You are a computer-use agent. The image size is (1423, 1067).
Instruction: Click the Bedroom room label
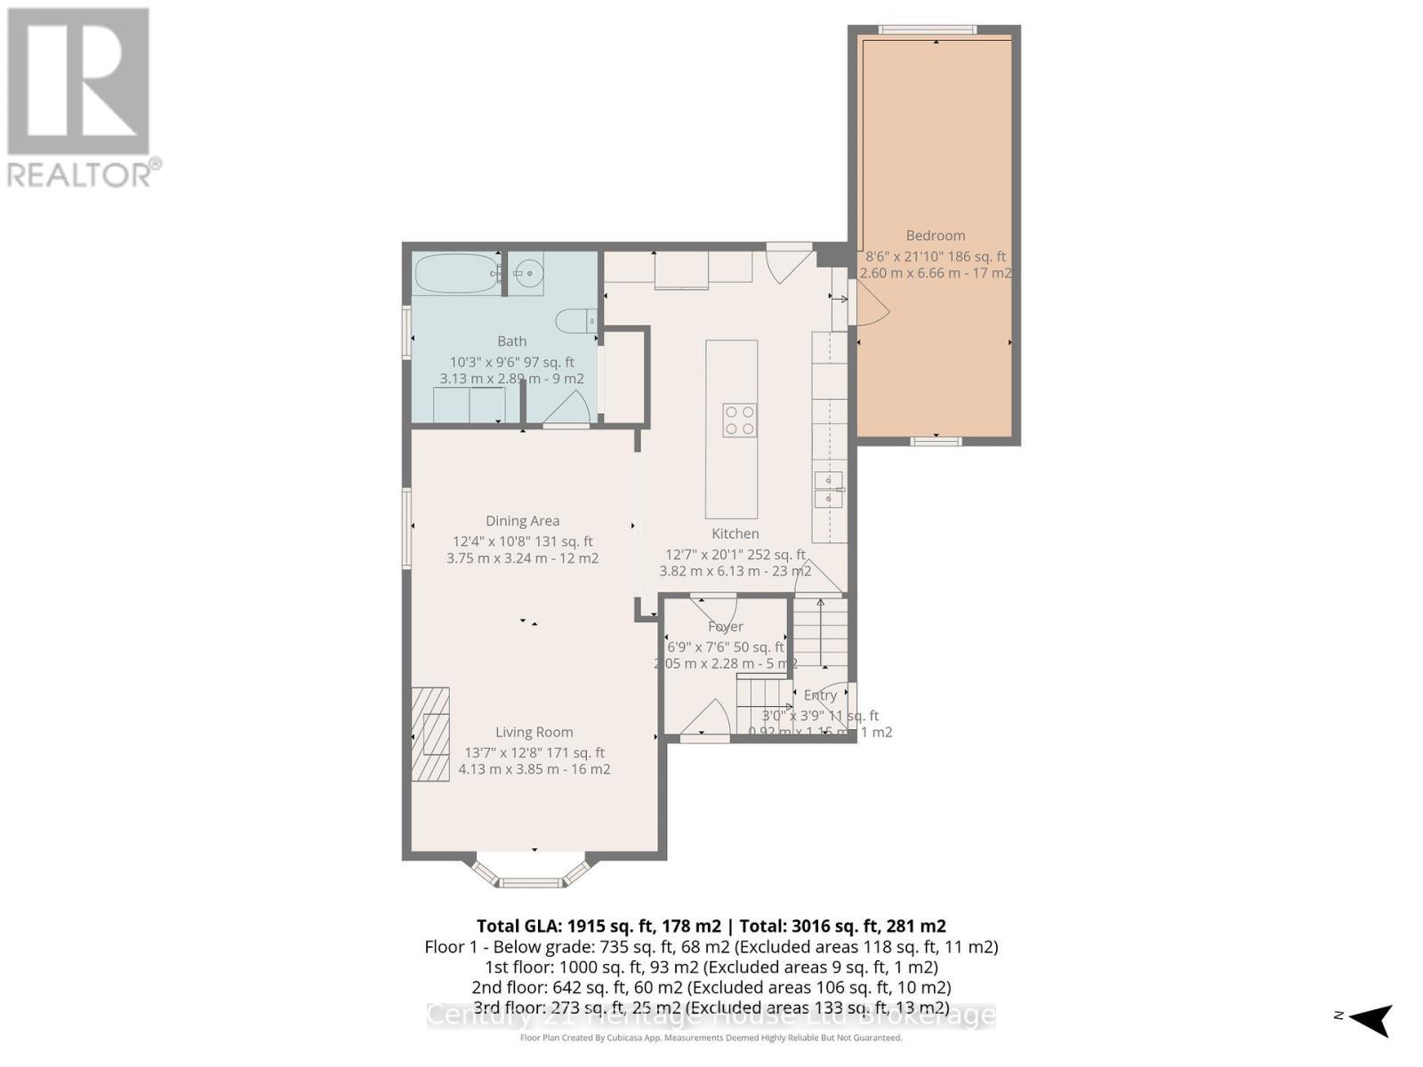point(935,236)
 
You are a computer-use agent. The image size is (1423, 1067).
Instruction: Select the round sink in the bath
point(528,271)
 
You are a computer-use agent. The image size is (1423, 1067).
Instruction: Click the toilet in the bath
point(575,319)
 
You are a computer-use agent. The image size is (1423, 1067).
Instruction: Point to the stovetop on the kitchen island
point(739,420)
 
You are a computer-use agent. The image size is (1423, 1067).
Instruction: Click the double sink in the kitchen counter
point(829,490)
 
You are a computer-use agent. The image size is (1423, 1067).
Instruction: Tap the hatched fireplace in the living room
point(430,734)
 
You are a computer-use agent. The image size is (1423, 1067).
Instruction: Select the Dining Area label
point(522,521)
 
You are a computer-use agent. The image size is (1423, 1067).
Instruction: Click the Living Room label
point(534,732)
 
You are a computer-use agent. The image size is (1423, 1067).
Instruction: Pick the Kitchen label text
point(735,533)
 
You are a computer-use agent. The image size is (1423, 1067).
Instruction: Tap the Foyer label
point(725,627)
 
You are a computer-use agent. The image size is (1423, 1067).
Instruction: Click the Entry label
point(819,695)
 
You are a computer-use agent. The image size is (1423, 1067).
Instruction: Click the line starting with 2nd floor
point(711,987)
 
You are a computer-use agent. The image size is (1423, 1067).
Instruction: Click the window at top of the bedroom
point(928,30)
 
